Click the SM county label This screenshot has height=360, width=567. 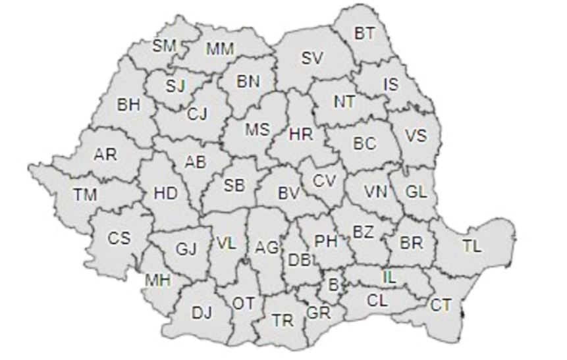(x=164, y=45)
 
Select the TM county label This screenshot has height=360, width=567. (x=84, y=194)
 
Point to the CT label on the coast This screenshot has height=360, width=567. (x=441, y=305)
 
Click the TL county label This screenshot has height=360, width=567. (x=472, y=247)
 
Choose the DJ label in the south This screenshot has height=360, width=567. (x=202, y=313)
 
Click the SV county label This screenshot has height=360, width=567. (x=313, y=58)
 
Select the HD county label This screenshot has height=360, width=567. (x=165, y=193)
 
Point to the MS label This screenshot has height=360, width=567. (x=257, y=130)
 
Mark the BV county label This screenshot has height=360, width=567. (x=288, y=193)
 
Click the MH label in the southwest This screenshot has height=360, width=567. (x=158, y=280)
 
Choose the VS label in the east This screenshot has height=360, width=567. (x=416, y=136)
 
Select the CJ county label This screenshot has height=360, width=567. (x=197, y=114)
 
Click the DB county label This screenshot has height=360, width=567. (x=299, y=259)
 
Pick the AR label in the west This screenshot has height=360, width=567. (x=105, y=155)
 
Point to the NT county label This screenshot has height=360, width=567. (x=344, y=102)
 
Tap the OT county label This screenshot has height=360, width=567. (x=244, y=303)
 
